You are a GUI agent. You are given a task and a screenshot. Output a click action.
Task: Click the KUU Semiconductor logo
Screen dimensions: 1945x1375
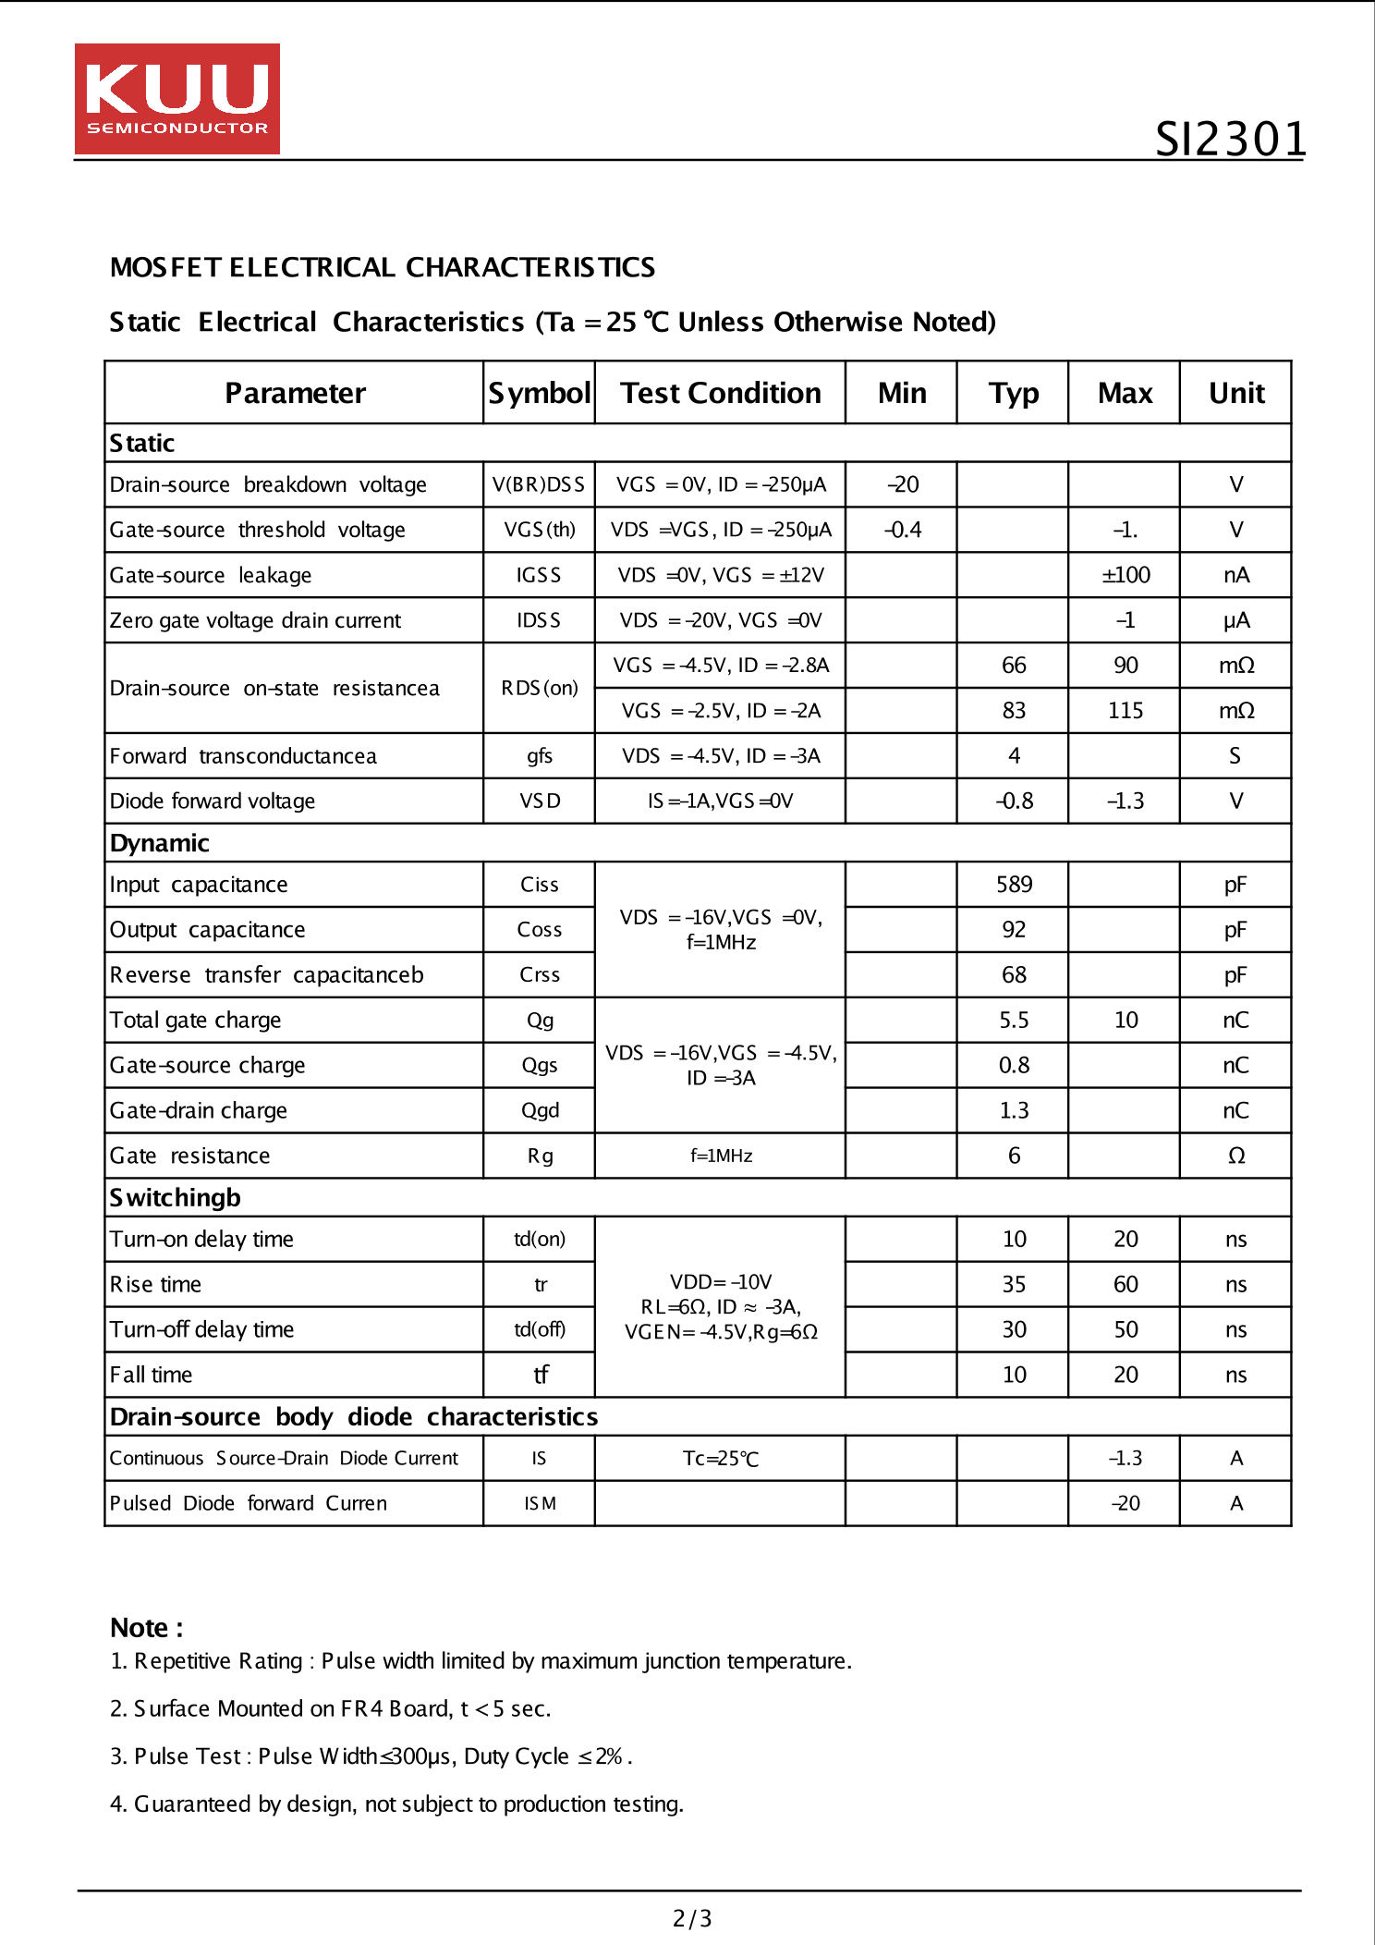176,99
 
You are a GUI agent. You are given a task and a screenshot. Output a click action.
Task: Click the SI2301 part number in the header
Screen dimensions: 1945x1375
1230,140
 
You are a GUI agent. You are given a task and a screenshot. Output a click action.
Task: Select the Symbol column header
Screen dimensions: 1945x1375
539,393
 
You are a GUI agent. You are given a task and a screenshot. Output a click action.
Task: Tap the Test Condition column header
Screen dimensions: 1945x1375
720,393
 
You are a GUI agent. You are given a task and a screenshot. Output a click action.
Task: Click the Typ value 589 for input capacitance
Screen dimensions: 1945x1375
1013,885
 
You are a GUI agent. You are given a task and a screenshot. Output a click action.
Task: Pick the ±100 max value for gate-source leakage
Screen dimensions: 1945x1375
1125,575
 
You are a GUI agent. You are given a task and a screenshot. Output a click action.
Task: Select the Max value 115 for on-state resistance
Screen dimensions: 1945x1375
1125,710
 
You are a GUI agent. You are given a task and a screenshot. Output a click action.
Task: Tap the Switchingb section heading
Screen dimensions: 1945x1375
175,1197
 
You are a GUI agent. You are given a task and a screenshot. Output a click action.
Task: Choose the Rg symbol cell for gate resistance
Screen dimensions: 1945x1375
540,1156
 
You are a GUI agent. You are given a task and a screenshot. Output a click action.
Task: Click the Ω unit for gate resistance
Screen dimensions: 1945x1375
1235,1156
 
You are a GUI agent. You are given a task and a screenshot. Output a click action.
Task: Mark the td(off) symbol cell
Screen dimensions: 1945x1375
540,1329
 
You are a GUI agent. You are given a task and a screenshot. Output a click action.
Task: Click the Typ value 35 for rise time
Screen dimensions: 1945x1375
1014,1284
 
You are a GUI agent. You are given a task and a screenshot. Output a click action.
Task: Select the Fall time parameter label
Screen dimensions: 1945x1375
151,1375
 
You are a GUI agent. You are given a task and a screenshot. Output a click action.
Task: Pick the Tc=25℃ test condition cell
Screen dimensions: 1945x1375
720,1458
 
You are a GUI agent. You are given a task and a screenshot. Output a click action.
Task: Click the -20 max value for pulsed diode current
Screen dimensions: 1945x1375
1125,1503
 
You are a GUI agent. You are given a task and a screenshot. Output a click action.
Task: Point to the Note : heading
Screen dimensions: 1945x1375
146,1627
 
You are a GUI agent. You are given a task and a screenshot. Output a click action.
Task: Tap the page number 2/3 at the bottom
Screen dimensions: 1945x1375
691,1918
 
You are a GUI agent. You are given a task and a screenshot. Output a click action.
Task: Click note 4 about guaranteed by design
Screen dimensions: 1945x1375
396,1804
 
